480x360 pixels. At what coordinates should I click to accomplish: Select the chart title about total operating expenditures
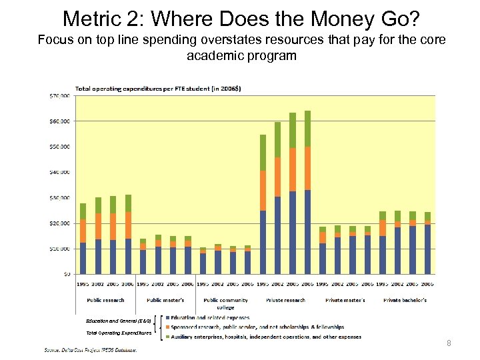[x=159, y=88]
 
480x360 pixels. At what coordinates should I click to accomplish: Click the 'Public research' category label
[x=105, y=300]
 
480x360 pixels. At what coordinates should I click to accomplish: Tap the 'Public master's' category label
[x=165, y=300]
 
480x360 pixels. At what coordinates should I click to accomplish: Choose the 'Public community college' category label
[x=225, y=303]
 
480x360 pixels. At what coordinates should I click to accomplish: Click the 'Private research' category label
[x=285, y=300]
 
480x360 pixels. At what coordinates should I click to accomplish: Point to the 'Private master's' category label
[x=345, y=300]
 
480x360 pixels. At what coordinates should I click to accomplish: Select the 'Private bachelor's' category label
[x=405, y=300]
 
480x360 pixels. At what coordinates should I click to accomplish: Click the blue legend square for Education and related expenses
[x=167, y=318]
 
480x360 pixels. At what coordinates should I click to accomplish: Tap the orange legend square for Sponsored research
[x=167, y=327]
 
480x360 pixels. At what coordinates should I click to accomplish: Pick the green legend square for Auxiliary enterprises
[x=167, y=337]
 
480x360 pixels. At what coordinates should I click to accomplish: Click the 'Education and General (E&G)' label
[x=119, y=321]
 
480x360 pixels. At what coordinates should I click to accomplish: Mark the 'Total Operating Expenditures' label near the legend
[x=118, y=333]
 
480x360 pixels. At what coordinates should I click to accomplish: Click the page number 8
[x=449, y=343]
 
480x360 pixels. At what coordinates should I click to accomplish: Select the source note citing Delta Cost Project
[x=91, y=349]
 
